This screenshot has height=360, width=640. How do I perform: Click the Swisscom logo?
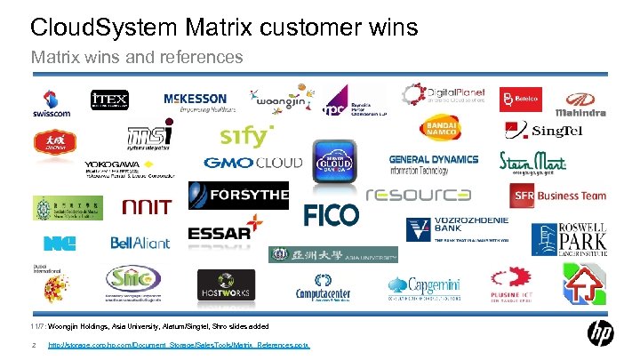pos(52,103)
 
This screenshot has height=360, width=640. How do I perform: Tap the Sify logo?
pos(244,136)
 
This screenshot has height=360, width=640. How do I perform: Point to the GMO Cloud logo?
pos(253,164)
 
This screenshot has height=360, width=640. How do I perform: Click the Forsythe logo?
pos(238,195)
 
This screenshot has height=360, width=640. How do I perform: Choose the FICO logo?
pos(332,214)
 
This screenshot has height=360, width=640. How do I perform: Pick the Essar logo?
pos(225,228)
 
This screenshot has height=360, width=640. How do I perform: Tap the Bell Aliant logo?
pos(140,242)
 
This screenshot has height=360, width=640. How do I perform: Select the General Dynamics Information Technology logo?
pos(434,164)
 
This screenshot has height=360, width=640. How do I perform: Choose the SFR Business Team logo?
pos(558,196)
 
